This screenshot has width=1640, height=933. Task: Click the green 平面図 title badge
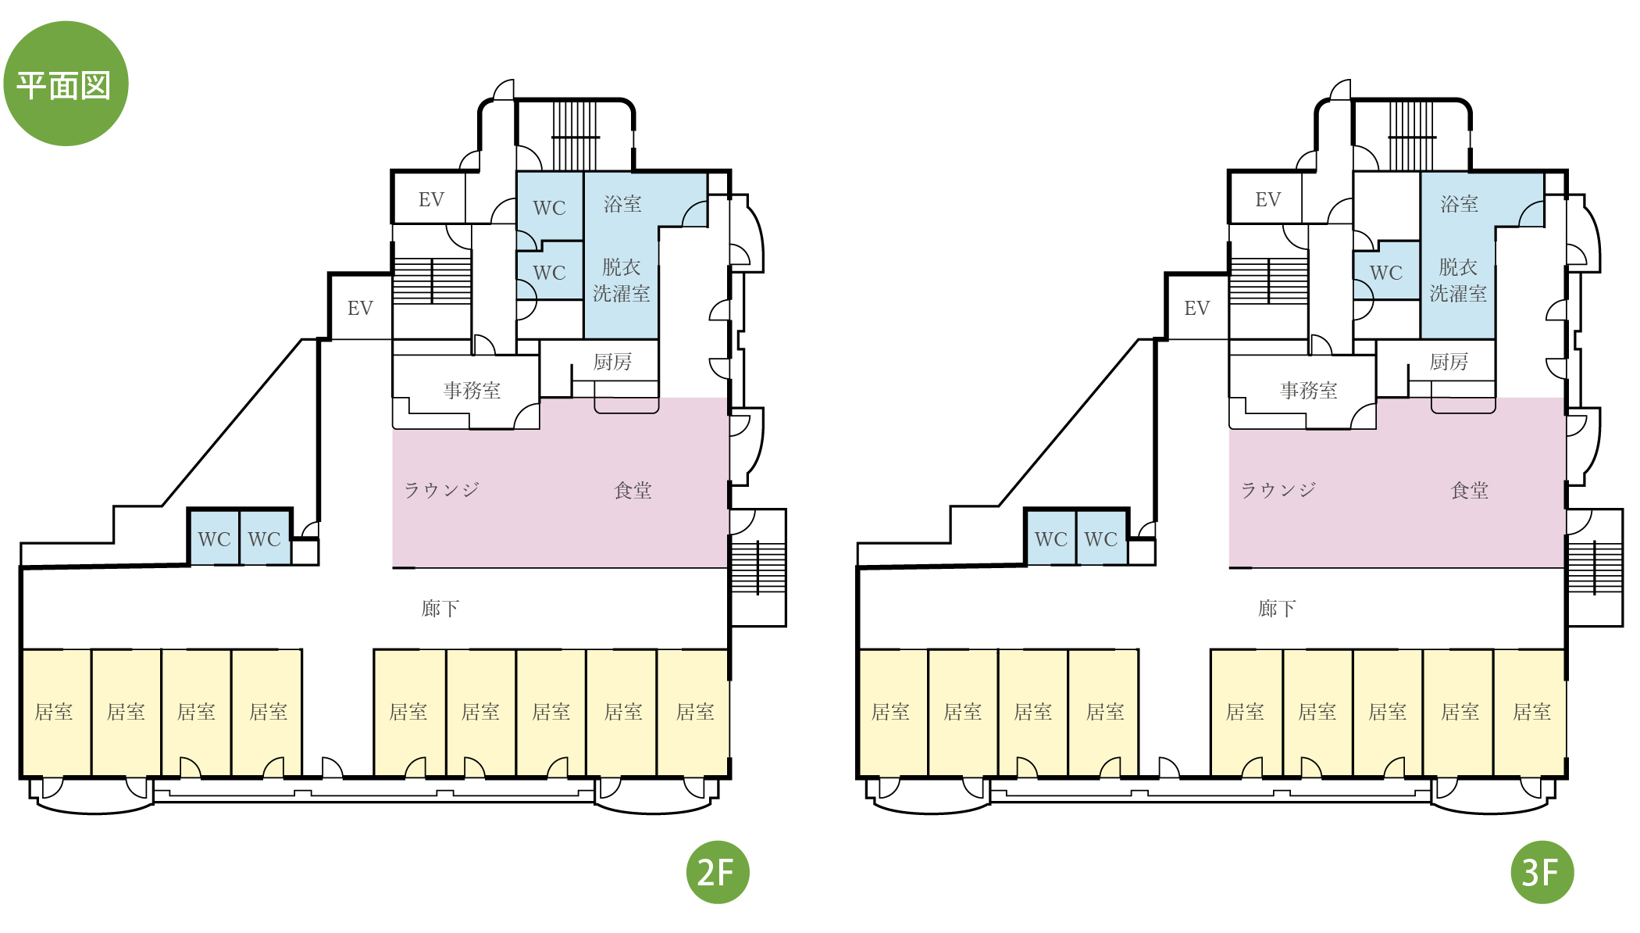(x=66, y=84)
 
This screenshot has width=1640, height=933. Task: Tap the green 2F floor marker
(x=717, y=872)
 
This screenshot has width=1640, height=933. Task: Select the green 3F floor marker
(x=1542, y=872)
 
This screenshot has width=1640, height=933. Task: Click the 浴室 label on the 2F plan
(x=622, y=204)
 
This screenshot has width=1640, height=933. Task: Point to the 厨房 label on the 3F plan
(x=1449, y=362)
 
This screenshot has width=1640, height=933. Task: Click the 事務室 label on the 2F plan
(x=472, y=390)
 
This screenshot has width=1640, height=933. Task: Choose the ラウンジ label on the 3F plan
(x=1278, y=490)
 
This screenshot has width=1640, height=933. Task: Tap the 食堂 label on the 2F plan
(x=633, y=490)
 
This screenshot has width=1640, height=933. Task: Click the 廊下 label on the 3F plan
(x=1277, y=608)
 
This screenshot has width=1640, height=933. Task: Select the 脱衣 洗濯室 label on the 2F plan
(x=621, y=281)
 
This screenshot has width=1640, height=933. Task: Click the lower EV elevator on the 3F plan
(x=1197, y=307)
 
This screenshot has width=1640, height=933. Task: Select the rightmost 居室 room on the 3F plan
(x=1530, y=713)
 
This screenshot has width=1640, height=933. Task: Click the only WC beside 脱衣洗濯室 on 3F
(x=1386, y=271)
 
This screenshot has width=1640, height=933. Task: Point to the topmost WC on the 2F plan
(x=550, y=206)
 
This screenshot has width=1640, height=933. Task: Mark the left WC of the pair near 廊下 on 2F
(x=214, y=538)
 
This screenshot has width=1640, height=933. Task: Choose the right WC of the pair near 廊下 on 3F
(x=1101, y=538)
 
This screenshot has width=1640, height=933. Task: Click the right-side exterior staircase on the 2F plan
(x=758, y=567)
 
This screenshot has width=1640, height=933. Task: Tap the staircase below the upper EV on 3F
(x=1269, y=281)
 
